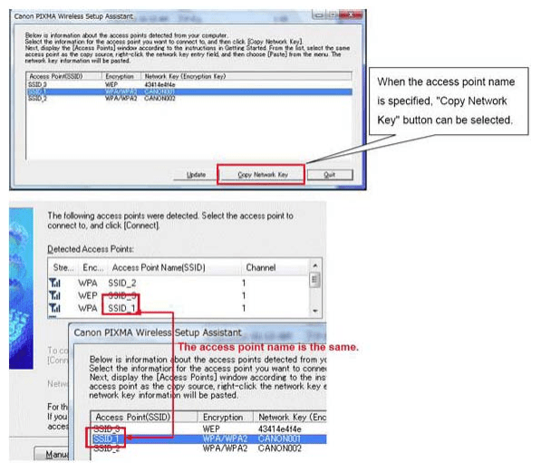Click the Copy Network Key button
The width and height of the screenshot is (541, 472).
pos(263,174)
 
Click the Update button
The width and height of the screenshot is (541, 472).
pos(196,174)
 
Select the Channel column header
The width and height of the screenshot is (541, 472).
pos(261,268)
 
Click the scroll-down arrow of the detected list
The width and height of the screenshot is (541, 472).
pos(314,310)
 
